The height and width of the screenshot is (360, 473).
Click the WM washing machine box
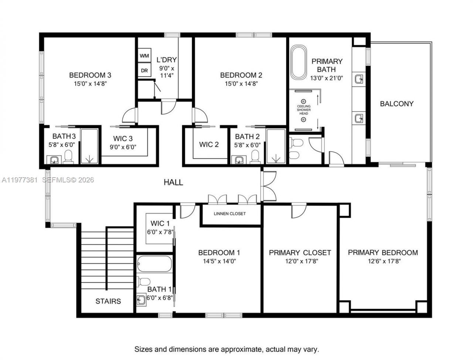pyautogui.click(x=144, y=56)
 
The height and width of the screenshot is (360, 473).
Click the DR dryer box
pyautogui.click(x=144, y=70)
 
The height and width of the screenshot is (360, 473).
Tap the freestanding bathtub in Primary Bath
pyautogui.click(x=298, y=62)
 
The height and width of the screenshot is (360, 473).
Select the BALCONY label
pyautogui.click(x=397, y=104)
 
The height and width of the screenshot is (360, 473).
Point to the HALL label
pyautogui.click(x=173, y=182)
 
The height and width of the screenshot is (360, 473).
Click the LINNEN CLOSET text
pyautogui.click(x=229, y=214)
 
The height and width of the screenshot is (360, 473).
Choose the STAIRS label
pyautogui.click(x=108, y=301)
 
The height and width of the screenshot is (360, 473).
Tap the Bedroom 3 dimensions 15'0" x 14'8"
pyautogui.click(x=90, y=83)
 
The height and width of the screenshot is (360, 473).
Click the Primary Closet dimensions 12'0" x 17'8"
pyautogui.click(x=300, y=261)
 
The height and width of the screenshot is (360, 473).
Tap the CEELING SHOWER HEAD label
pyautogui.click(x=303, y=110)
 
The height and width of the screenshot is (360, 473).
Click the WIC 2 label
pyautogui.click(x=209, y=144)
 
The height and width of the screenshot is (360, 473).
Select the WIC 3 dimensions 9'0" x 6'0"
pyautogui.click(x=123, y=147)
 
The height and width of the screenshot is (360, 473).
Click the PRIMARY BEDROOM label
pyautogui.click(x=383, y=253)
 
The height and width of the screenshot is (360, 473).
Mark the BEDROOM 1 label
pyautogui.click(x=219, y=253)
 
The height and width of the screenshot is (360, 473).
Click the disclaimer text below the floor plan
pyautogui.click(x=227, y=349)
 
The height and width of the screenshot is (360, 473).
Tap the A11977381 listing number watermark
pyautogui.click(x=19, y=180)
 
